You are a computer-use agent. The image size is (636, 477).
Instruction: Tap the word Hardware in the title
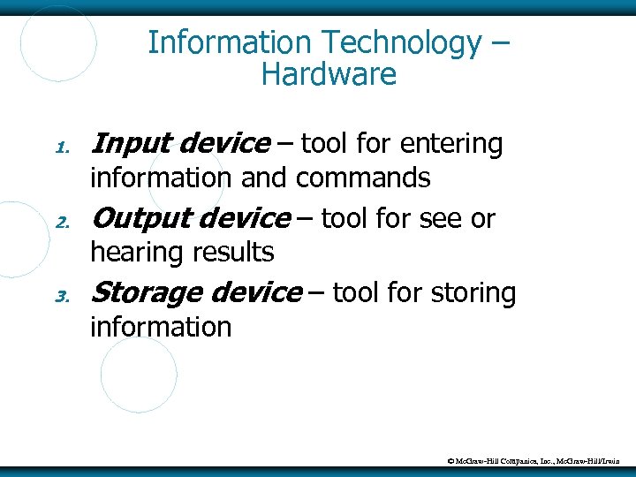point(329,75)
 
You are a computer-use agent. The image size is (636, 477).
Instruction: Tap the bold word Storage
point(148,292)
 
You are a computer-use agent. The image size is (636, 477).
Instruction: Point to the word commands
point(363,178)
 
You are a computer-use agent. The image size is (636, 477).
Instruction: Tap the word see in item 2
point(441,218)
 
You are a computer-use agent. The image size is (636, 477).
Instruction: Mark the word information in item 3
point(161,328)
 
